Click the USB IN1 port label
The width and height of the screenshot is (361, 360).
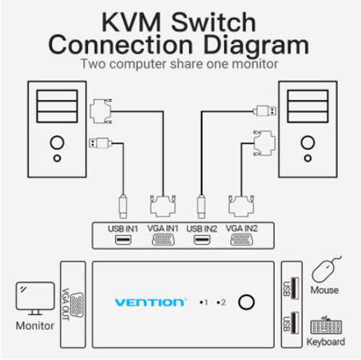coord(123,229)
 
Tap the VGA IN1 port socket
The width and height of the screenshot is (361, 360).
coord(163,240)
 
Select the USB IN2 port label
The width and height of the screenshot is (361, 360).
coord(201,229)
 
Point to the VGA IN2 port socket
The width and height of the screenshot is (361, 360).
coord(242,240)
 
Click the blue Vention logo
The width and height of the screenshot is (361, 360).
coord(149,302)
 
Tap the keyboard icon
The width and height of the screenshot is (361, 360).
coord(326,325)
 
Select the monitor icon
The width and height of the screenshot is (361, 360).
coord(35,299)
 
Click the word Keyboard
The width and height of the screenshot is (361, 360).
coord(326,342)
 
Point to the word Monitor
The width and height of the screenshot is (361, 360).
coord(35,326)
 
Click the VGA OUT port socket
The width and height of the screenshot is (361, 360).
coord(77,305)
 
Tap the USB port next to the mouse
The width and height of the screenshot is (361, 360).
coord(295,288)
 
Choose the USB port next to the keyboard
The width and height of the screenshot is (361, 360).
coord(295,322)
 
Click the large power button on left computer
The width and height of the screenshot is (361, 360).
coord(57,143)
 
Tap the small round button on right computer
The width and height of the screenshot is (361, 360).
coord(308,158)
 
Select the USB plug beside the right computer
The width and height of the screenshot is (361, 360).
coord(265,111)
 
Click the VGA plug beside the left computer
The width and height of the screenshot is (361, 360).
coord(101,111)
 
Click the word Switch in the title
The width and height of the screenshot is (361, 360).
coord(214,22)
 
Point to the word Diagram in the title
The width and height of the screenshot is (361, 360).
coord(256,46)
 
